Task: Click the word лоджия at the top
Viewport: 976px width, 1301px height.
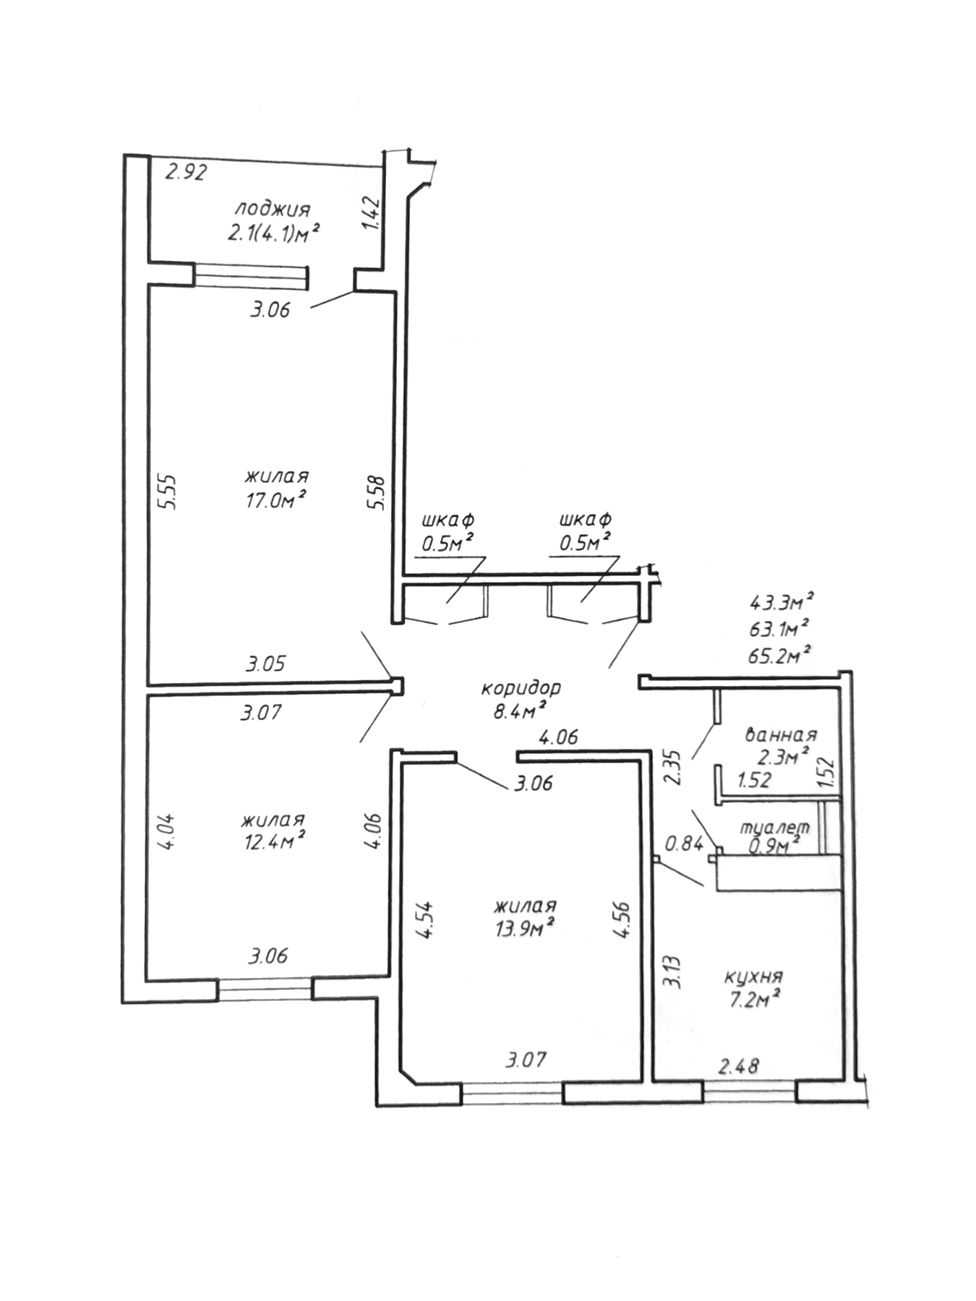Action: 272,210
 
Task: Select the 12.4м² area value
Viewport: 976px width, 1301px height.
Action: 274,841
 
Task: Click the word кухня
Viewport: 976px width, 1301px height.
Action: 754,976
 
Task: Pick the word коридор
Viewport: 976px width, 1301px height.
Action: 521,687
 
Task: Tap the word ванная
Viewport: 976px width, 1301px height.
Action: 781,736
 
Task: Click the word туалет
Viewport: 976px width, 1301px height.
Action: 774,827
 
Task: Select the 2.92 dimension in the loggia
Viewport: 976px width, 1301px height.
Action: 187,173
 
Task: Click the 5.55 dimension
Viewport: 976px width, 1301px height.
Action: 167,491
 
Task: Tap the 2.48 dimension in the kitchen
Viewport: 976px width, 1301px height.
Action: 738,1065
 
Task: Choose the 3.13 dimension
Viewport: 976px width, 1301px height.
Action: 672,972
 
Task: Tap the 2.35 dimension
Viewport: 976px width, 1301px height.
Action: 672,766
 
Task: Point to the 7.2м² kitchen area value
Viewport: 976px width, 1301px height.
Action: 754,1000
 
